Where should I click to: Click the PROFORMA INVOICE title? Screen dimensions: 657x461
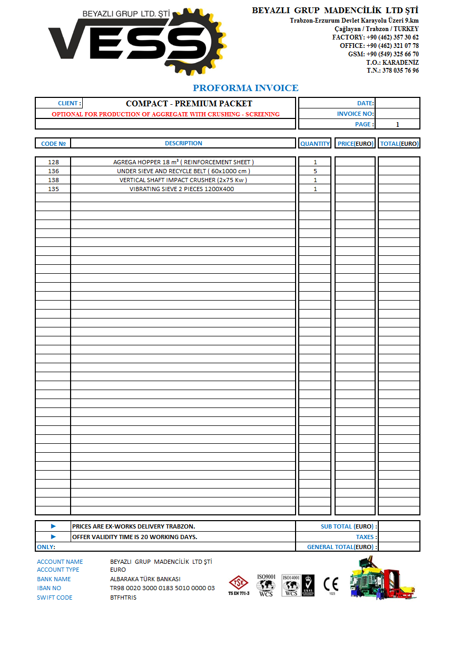point(246,88)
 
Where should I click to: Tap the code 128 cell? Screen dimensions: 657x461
point(53,162)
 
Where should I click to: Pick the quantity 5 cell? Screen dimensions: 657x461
point(315,171)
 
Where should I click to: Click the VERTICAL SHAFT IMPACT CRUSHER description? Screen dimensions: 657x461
point(183,180)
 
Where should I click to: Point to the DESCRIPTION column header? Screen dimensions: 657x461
point(183,143)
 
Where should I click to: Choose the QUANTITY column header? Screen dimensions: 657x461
point(315,143)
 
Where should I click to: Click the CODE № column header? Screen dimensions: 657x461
point(53,144)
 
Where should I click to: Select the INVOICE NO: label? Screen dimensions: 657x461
point(355,114)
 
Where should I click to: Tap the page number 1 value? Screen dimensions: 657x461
point(397,125)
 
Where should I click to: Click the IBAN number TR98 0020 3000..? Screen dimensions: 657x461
point(162,588)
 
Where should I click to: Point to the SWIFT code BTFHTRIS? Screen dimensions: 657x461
point(123,598)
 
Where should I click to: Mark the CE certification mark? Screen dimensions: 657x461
point(331,584)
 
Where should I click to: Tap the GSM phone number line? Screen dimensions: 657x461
point(384,54)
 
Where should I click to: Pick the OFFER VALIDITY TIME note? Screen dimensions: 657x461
point(135,537)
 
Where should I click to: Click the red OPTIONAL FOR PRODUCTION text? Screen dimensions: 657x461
point(165,114)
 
